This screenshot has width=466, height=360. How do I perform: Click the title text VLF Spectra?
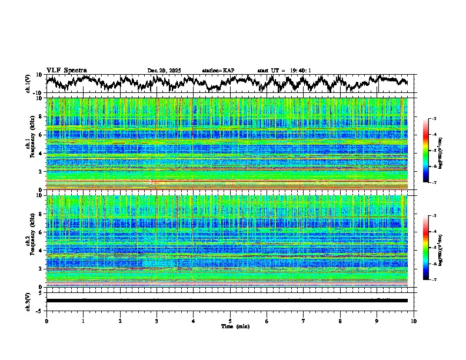[x=66, y=70]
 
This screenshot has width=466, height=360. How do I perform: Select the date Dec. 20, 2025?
[x=164, y=71]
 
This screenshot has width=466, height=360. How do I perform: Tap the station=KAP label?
[x=218, y=71]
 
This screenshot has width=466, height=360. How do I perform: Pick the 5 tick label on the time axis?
[x=230, y=321]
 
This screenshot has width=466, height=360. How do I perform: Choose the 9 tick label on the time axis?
[x=377, y=321]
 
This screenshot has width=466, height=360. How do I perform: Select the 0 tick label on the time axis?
[x=46, y=321]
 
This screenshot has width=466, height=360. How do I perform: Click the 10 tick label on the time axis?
[x=414, y=321]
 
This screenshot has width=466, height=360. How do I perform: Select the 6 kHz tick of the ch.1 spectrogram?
[x=42, y=135]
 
